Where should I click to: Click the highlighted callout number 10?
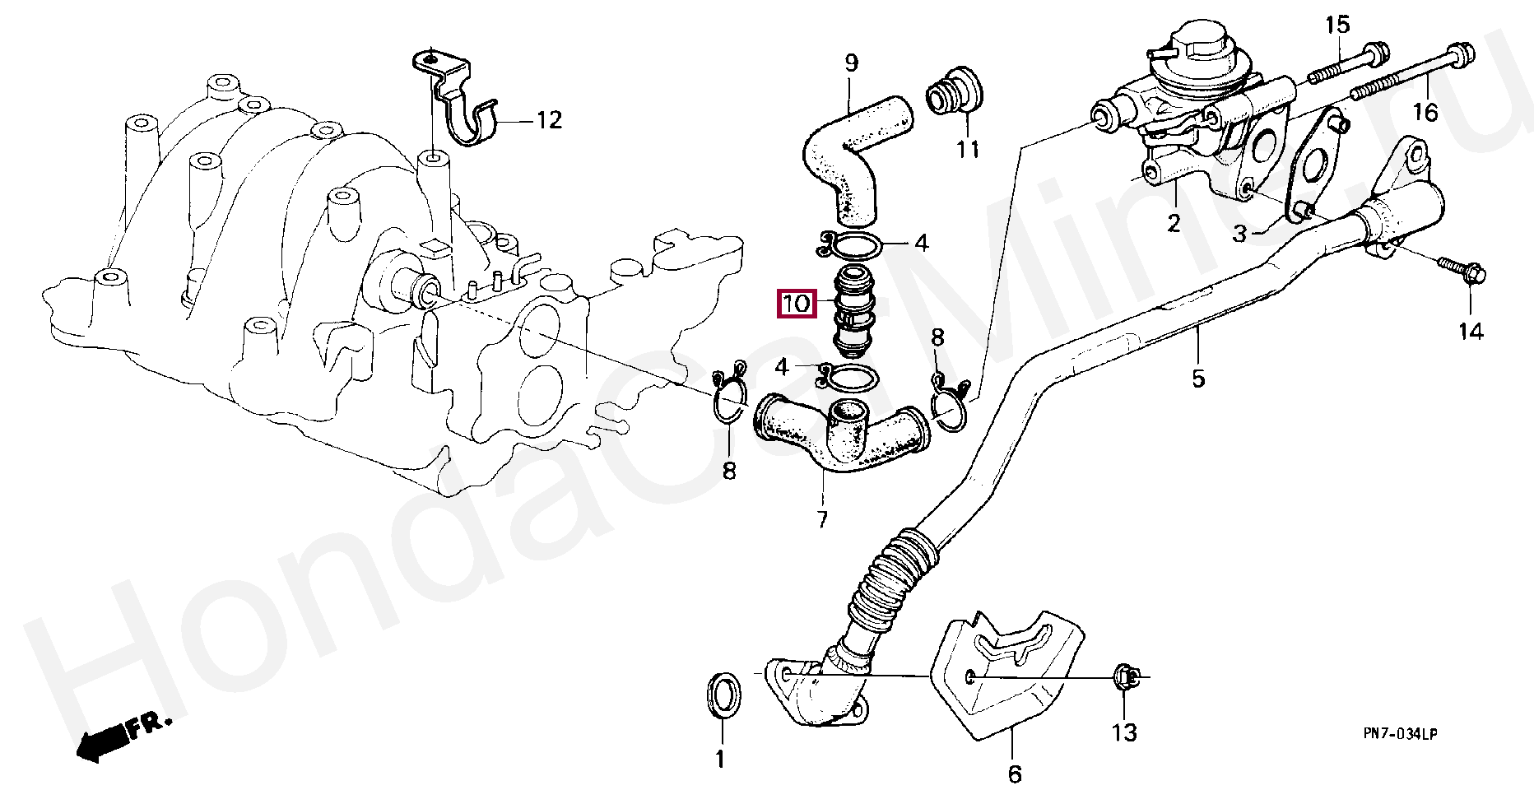797,304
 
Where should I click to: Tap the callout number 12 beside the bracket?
549,121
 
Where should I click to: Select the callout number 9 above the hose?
851,63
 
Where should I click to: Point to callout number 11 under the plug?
969,150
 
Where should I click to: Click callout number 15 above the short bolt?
1337,26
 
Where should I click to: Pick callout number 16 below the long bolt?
1426,111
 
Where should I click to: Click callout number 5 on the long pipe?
1197,379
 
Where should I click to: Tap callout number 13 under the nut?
1124,732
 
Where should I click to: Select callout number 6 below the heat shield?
1014,774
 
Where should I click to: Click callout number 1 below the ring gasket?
720,759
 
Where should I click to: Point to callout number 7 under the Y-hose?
822,519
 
